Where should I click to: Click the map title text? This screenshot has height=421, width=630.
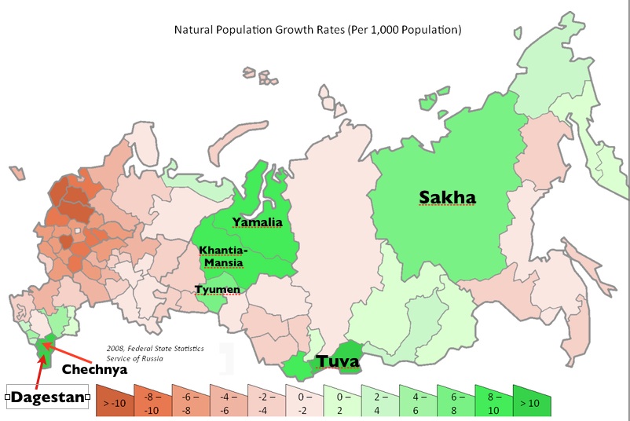click(317, 30)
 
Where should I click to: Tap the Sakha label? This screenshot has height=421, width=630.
click(447, 196)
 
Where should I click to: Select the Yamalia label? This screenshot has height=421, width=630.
click(257, 222)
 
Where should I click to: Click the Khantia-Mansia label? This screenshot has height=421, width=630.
click(223, 256)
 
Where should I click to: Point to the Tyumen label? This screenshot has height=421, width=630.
click(218, 290)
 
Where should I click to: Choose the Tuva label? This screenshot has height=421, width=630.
click(338, 361)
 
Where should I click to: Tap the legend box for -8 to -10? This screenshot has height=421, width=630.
click(152, 401)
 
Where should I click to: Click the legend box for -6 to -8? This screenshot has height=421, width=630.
click(189, 401)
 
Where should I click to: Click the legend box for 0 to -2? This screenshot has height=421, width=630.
click(303, 401)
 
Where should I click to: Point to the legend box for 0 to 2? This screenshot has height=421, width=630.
click(341, 401)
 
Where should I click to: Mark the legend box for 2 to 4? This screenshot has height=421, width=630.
click(379, 401)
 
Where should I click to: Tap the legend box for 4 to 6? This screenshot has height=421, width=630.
click(416, 401)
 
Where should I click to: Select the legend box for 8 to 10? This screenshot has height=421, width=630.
click(493, 401)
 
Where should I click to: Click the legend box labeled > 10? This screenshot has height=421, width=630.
click(531, 401)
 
